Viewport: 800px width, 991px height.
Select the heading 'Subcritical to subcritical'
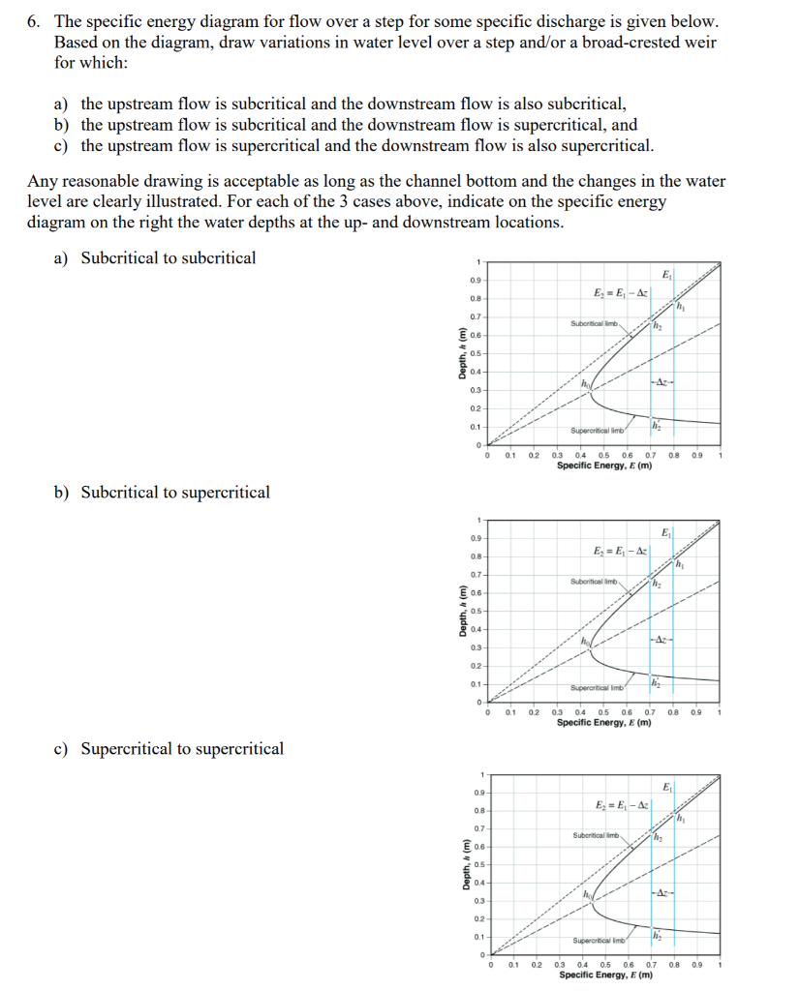(168, 257)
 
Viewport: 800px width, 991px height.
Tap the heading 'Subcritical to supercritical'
(174, 492)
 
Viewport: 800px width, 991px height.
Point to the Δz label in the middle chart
(661, 640)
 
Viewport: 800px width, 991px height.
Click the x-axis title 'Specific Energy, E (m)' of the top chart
(603, 465)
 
